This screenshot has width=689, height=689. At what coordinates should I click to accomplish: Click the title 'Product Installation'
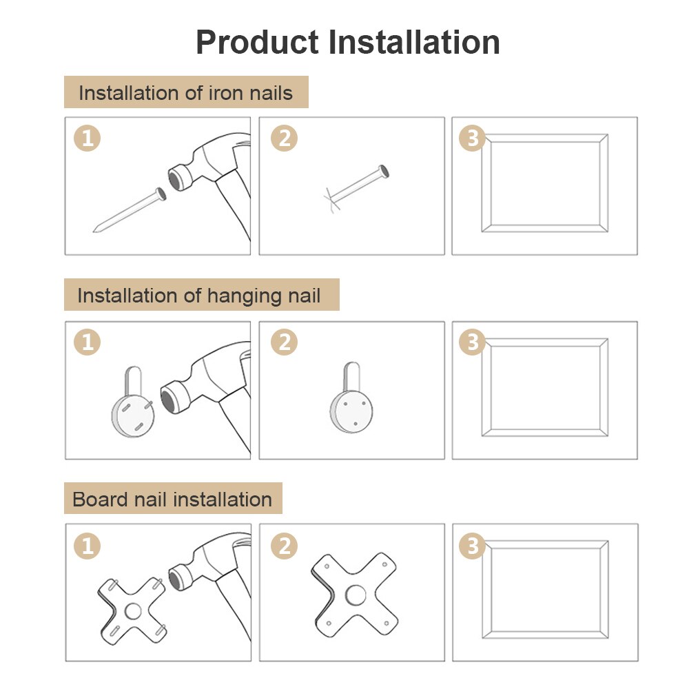click(x=348, y=43)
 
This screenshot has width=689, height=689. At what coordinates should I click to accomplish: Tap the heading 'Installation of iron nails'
click(x=186, y=93)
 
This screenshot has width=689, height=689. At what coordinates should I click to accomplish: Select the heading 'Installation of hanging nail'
click(x=199, y=296)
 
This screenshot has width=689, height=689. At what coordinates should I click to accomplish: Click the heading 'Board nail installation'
click(x=172, y=499)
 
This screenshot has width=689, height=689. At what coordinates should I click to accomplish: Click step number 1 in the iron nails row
click(x=87, y=138)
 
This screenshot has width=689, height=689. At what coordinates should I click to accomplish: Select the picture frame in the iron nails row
click(x=544, y=183)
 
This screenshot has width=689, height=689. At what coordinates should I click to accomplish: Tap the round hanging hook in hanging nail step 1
click(x=133, y=410)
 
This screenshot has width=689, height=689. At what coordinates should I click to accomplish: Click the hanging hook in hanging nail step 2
click(x=351, y=407)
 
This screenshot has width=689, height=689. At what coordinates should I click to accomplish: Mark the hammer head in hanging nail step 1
click(x=181, y=393)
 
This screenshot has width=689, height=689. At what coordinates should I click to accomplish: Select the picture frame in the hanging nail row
click(x=544, y=387)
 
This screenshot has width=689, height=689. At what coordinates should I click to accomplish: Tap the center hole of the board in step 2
click(x=356, y=595)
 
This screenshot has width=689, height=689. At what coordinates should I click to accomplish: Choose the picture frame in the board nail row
click(x=544, y=590)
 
